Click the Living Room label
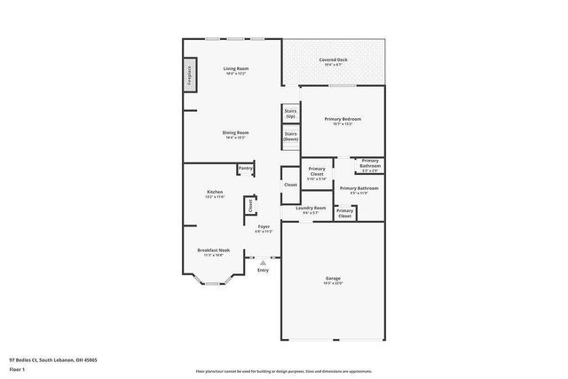[x=235, y=68]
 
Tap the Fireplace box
[x=189, y=76]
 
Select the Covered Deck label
[x=334, y=59]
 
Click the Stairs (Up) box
[x=290, y=114]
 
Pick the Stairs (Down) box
[x=290, y=137]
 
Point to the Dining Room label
[x=235, y=132]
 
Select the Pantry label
[x=246, y=168]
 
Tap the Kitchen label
[x=215, y=192]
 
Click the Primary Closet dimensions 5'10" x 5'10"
[x=317, y=179]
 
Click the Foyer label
[x=264, y=226]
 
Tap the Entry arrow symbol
[x=263, y=262]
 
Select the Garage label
[x=333, y=278]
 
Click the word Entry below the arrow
[x=263, y=270]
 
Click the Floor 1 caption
[x=18, y=370]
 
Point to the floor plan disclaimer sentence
[x=283, y=371]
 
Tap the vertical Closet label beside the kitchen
[x=250, y=206]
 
